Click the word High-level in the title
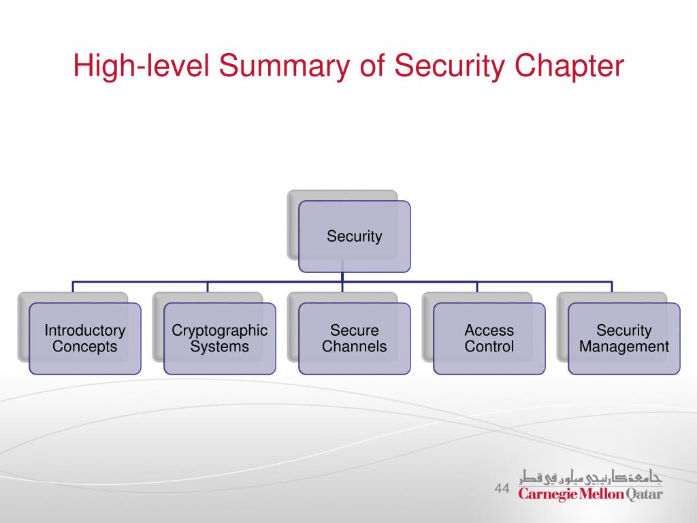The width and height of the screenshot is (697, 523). [140, 68]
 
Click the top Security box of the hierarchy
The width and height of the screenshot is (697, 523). [355, 236]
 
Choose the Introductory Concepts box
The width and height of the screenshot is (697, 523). [85, 338]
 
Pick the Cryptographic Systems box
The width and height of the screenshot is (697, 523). [220, 338]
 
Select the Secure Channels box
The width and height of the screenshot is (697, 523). [355, 338]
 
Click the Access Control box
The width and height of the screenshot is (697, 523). [489, 338]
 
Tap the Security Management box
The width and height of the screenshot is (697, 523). [624, 338]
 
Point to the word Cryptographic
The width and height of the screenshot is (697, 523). [220, 331]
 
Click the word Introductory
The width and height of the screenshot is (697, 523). [85, 331]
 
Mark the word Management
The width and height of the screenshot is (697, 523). [624, 347]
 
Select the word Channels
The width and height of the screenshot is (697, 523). [355, 347]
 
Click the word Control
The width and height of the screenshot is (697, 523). [489, 347]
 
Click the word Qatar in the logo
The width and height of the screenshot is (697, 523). [643, 494]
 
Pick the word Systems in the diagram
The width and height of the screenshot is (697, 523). [220, 347]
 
